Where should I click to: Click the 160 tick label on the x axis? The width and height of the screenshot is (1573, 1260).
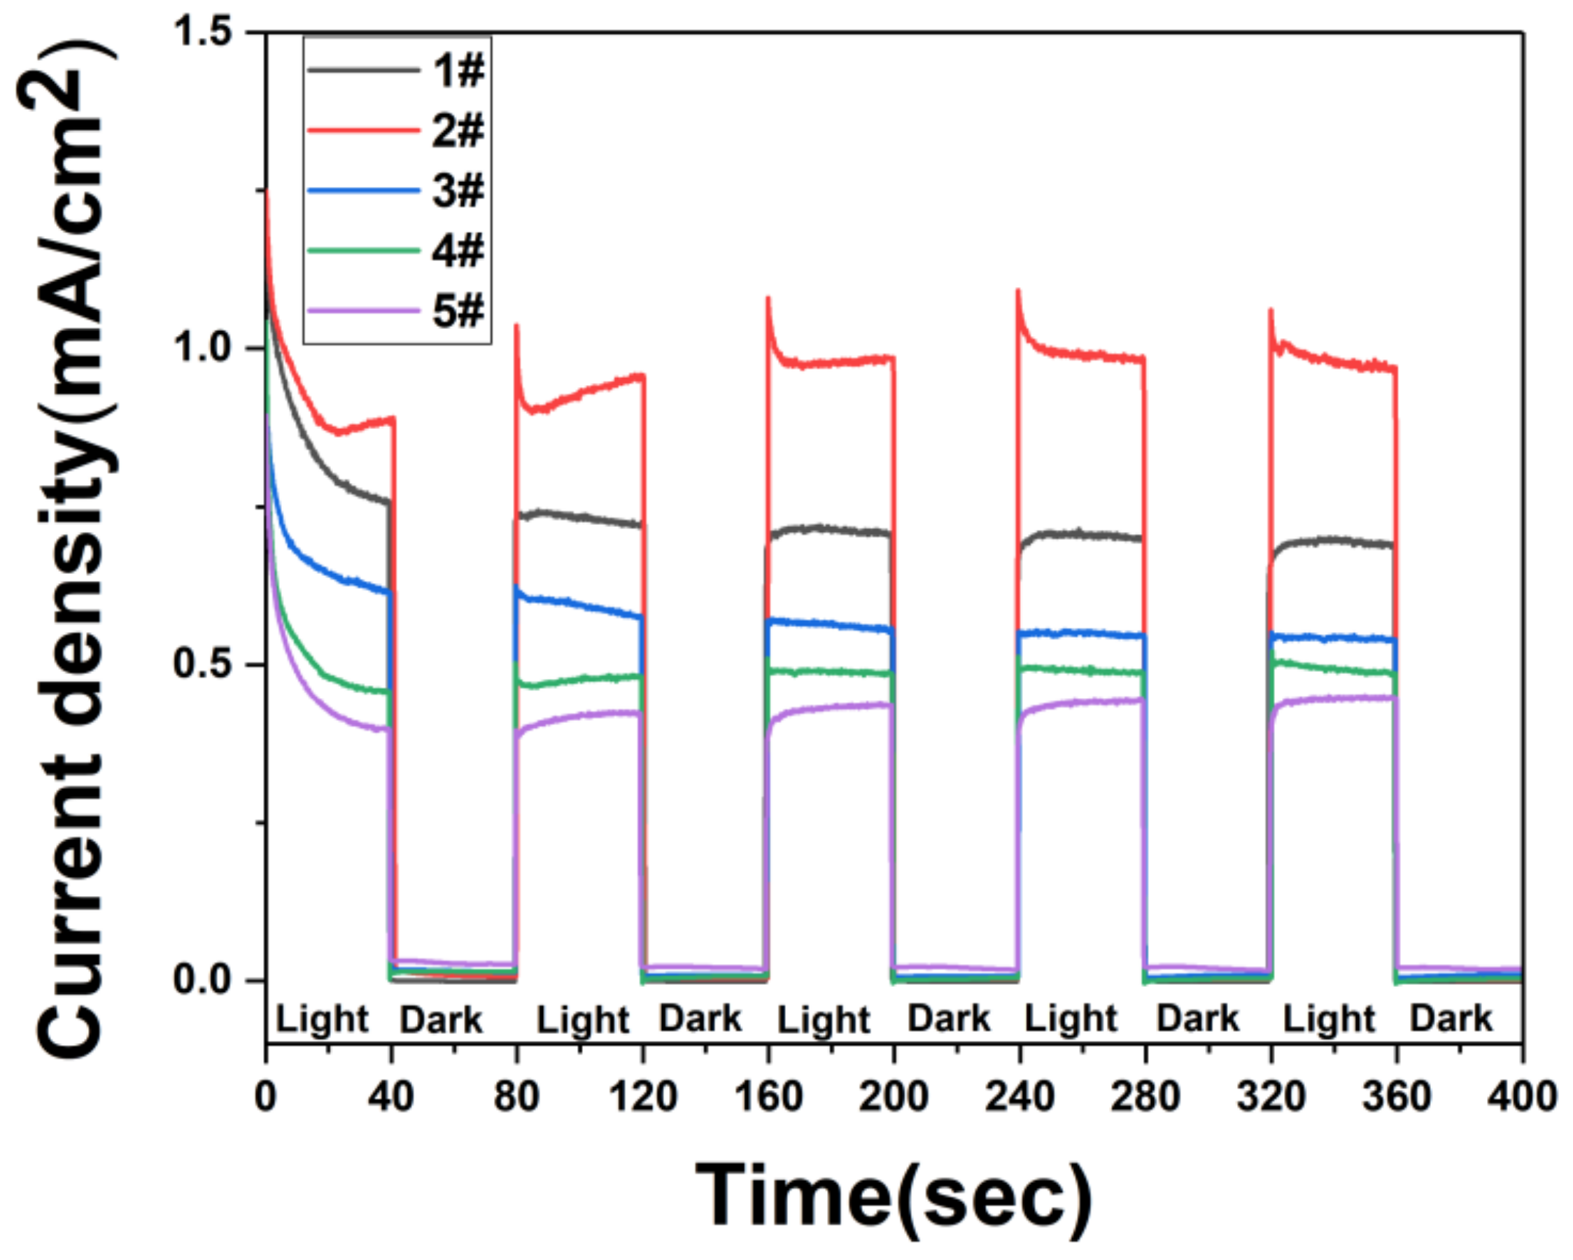(x=768, y=1096)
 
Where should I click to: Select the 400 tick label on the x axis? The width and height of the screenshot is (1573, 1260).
(x=1521, y=1096)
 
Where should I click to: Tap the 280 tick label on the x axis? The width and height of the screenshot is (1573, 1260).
(x=1145, y=1096)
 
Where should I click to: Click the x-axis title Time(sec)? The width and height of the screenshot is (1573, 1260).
(x=893, y=1196)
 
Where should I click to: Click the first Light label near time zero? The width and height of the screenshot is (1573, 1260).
(x=322, y=1019)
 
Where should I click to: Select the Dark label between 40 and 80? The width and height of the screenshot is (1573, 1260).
(x=442, y=1019)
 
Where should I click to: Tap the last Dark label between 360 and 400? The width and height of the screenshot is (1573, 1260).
(x=1451, y=1018)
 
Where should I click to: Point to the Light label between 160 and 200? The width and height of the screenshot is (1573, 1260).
(x=824, y=1019)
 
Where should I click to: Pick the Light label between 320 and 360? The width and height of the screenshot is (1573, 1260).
(x=1329, y=1019)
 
